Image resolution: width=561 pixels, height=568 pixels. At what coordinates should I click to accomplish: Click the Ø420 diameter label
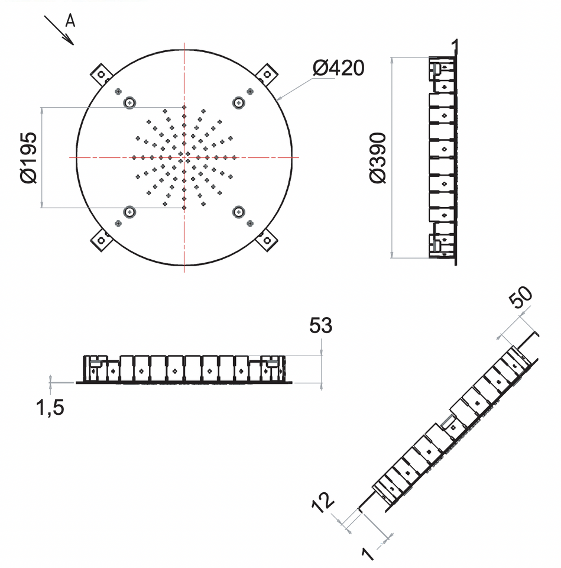338,67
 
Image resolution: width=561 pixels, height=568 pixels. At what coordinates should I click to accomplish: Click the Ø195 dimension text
28,157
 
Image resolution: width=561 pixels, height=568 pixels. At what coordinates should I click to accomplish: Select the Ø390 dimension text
378,158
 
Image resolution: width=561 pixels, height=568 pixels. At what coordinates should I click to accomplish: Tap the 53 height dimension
320,325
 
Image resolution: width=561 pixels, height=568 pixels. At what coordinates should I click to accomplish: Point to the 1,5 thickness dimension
50,408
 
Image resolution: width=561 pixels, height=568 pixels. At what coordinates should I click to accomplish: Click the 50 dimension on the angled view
520,297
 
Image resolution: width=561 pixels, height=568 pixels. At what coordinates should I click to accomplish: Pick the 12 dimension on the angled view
323,502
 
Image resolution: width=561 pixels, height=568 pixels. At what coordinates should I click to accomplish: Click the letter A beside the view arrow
70,21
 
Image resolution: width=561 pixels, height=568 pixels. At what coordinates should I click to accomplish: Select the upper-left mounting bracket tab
101,75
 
